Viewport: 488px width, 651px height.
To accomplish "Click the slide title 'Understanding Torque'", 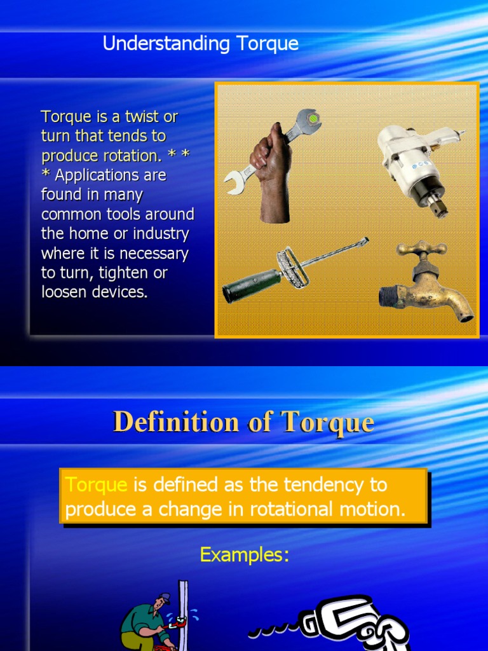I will pos(200,44).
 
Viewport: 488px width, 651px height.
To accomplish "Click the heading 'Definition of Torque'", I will pos(243,422).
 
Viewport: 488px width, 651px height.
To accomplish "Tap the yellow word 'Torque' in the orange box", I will pos(97,485).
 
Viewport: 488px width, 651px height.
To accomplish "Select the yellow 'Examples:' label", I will pos(245,555).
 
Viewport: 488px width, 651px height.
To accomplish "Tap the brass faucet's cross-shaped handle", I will pos(423,248).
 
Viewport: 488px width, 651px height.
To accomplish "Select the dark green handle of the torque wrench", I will pos(251,286).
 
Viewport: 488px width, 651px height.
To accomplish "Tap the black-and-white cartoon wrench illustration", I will pos(343,623).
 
